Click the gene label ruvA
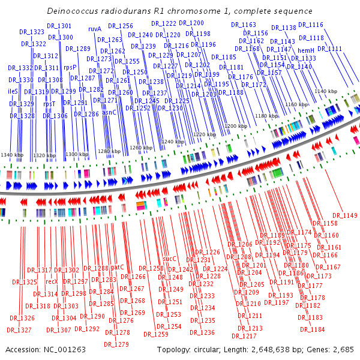pos(95,28)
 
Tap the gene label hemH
pos(306,50)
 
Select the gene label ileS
pos(13,91)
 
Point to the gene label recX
pos(52,281)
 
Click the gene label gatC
pos(117,267)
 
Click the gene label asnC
pos(109,112)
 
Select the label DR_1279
pos(116,344)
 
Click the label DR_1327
pos(19,330)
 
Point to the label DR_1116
pos(311,25)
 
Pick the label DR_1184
pos(313,329)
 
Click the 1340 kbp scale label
pos(11,155)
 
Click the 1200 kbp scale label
pos(236,126)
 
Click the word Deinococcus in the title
pos(72,11)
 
